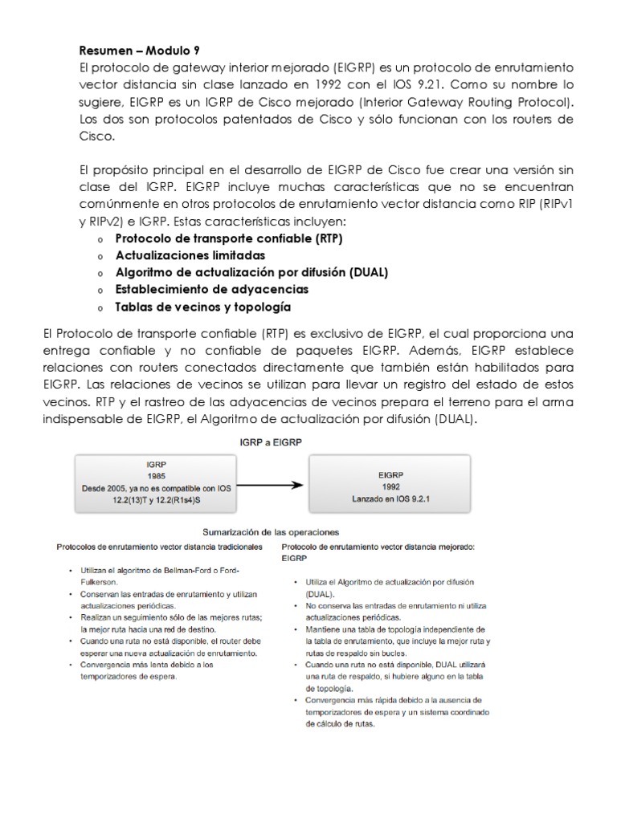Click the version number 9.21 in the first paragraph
(x=439, y=84)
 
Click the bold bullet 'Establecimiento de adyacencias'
(x=211, y=289)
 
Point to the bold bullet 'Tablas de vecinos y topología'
(x=202, y=307)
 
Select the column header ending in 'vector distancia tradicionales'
(x=158, y=546)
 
